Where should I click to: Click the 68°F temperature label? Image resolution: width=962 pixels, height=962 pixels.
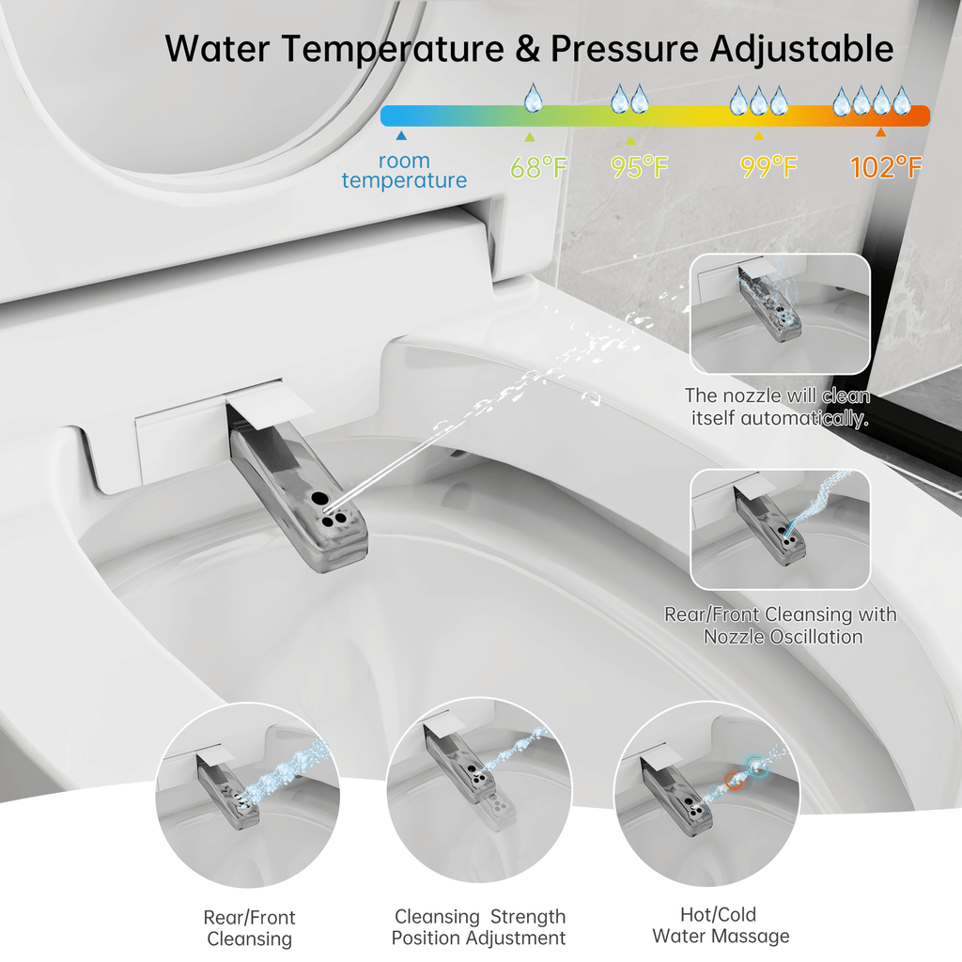538,167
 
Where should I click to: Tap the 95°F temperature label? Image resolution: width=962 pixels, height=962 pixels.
639,167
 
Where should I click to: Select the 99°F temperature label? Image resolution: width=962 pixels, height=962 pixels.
768,167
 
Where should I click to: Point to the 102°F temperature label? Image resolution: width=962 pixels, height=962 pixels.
886,167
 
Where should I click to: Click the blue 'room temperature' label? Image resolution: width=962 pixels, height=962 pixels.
404,171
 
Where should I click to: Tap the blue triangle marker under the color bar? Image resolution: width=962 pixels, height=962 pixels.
401,135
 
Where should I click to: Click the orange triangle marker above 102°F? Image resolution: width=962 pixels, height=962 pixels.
881,132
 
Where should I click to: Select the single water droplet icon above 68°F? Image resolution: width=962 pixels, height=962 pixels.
534,98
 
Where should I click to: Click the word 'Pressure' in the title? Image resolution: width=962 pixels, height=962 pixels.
625,49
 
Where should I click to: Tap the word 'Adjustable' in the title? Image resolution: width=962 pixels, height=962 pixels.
802,50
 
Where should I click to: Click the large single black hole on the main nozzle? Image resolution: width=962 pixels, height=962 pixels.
319,498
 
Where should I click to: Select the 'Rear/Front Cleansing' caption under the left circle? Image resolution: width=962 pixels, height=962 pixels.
250,927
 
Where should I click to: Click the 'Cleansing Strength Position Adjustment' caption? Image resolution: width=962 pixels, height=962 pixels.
479,927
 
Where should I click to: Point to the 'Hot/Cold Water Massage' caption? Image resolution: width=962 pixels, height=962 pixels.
721,925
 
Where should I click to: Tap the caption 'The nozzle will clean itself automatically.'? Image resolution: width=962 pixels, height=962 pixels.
778,407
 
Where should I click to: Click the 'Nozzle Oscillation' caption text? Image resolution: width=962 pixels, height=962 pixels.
783,637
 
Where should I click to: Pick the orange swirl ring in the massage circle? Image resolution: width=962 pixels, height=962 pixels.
735,780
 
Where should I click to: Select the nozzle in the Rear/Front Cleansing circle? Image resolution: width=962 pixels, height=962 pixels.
227,792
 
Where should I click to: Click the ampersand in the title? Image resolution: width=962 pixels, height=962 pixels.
528,49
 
